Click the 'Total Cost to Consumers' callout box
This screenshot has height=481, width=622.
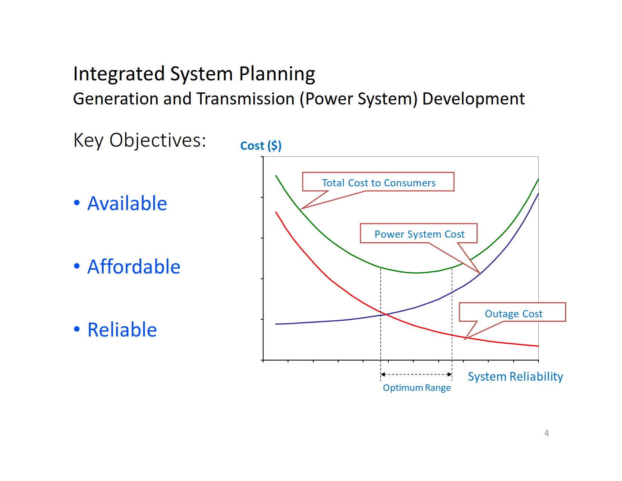tap(378, 182)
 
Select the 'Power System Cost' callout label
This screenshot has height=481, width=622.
tap(419, 234)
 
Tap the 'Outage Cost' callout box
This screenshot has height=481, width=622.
tap(513, 313)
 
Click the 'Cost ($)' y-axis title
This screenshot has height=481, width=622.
tap(260, 146)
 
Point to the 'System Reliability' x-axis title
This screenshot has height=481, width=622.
tap(515, 377)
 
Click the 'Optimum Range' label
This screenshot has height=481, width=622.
tap(417, 388)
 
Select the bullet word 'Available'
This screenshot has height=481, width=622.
tap(127, 203)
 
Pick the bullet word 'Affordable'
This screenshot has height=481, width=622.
tap(134, 267)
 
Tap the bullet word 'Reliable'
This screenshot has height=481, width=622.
tap(122, 330)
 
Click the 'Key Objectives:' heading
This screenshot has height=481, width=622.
tap(139, 140)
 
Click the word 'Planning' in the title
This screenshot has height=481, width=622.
tap(277, 74)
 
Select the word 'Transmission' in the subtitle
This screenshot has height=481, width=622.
tap(245, 99)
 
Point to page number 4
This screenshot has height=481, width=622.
tap(546, 433)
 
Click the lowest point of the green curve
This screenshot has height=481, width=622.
tap(416, 273)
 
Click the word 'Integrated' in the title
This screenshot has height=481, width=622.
tap(119, 74)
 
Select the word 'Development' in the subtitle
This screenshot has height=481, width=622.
tap(473, 99)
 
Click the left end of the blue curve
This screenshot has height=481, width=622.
tap(276, 324)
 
